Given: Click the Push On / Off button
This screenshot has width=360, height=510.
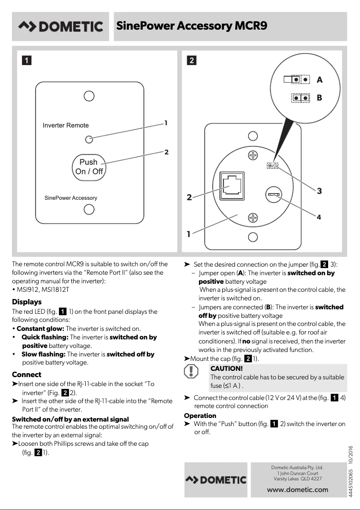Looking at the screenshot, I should [89, 167].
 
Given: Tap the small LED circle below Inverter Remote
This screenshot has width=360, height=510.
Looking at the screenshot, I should [89, 139].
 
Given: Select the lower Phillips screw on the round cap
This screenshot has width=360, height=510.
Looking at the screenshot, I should [253, 218].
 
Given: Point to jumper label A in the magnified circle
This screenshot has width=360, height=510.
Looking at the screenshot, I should [319, 80].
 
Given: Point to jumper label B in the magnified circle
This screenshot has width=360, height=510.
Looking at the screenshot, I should [319, 97].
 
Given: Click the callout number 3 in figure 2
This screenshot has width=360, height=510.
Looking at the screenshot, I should [319, 191].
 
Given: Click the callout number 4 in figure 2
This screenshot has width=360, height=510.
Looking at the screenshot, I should [319, 217].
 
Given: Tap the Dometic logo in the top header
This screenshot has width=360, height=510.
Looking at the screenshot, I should [60, 26].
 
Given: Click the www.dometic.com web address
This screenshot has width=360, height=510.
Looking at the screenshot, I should [297, 490].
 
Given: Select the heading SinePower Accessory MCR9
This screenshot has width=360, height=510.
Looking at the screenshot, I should [192, 26].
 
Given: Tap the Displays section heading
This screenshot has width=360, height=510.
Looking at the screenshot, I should [26, 302].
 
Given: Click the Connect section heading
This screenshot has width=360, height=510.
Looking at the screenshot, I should [26, 374].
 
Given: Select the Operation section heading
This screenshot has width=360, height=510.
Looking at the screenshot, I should [200, 416].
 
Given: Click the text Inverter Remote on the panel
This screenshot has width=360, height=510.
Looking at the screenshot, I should [66, 125].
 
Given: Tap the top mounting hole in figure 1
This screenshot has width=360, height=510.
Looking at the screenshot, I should [89, 96].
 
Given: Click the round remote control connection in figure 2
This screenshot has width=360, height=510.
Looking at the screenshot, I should [273, 194].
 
